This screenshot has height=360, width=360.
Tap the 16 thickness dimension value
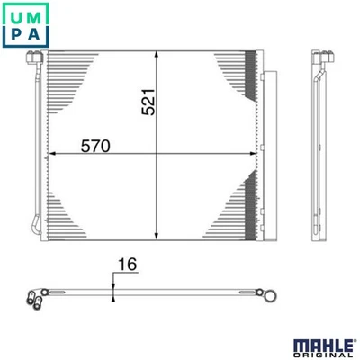(126, 267)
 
